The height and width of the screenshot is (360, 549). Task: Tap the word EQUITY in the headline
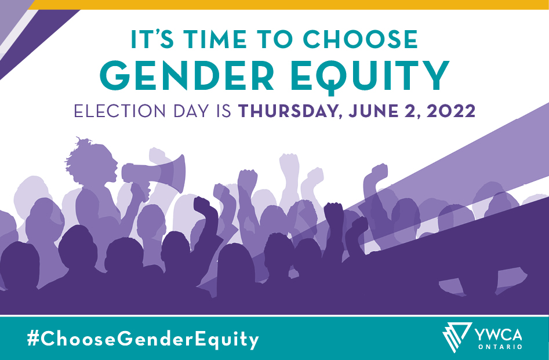tap(370, 78)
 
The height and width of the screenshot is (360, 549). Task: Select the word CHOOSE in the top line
tap(361, 39)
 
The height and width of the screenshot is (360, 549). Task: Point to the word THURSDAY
tap(290, 111)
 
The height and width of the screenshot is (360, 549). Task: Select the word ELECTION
tap(119, 111)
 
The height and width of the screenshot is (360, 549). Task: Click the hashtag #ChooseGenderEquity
tap(143, 339)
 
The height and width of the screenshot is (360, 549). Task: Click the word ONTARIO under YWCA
tap(500, 347)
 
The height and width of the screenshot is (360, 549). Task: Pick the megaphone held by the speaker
tap(154, 173)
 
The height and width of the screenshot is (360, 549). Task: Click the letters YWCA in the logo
tap(498, 334)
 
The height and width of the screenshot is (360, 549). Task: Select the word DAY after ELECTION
tap(191, 111)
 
